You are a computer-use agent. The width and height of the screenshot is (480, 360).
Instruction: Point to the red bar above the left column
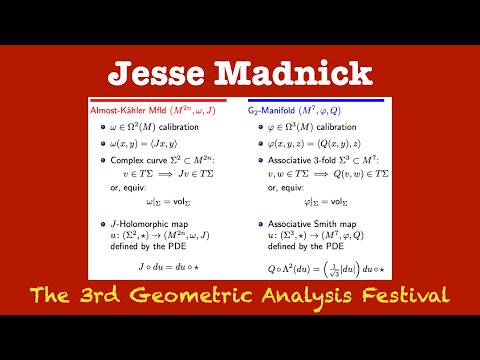click(x=160, y=99)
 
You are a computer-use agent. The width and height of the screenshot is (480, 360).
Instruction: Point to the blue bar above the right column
click(x=320, y=99)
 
